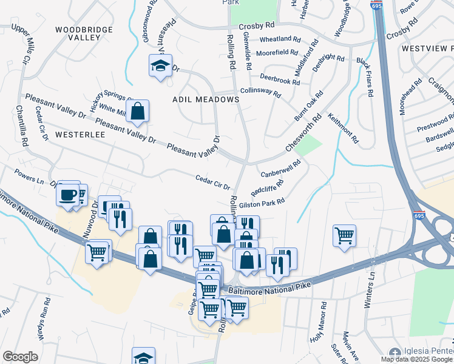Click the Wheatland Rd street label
point(280,39)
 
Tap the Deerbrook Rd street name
point(280,78)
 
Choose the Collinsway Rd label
point(260,92)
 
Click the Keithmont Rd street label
point(344,128)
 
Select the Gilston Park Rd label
point(262,205)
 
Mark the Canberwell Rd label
point(280,170)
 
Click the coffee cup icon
point(67,195)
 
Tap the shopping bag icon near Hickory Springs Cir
point(138,111)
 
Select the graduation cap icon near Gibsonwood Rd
point(160,66)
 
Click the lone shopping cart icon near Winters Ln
point(344,235)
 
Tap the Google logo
point(20,357)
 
